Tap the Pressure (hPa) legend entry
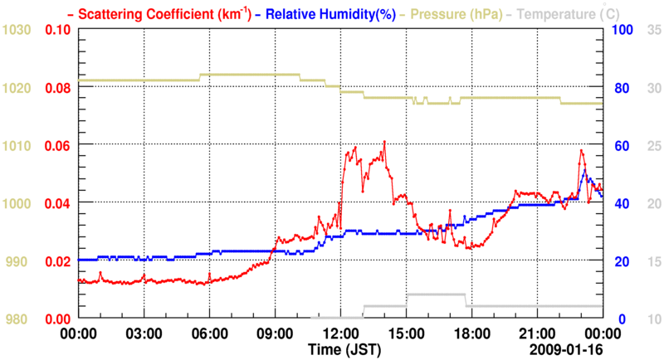tap(452, 14)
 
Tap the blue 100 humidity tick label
tap(622, 30)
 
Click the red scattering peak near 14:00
tap(384, 142)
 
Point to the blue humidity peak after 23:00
tap(585, 170)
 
